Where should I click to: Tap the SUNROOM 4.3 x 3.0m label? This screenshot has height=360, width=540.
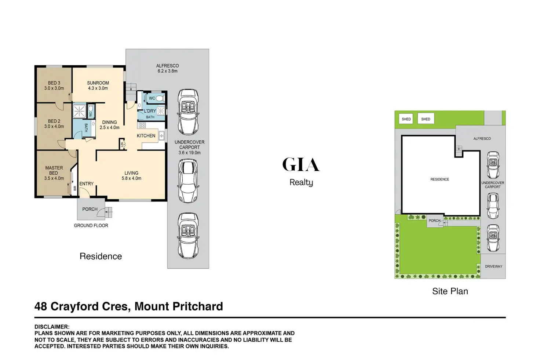(x=98, y=86)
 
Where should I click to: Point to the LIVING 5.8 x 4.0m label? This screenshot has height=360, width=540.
(x=131, y=176)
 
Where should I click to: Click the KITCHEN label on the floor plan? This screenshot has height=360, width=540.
(x=146, y=136)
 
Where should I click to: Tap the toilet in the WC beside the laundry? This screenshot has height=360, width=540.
(x=159, y=98)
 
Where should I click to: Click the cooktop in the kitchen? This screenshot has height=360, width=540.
(x=142, y=125)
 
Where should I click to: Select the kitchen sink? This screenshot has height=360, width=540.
(x=161, y=136)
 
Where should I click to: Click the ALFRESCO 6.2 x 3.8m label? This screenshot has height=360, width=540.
(x=168, y=68)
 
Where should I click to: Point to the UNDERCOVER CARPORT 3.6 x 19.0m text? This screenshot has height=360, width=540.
(x=190, y=147)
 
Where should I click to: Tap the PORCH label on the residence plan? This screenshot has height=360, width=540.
(x=90, y=209)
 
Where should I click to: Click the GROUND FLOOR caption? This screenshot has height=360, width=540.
(x=91, y=226)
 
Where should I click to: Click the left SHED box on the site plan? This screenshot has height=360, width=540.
(x=406, y=119)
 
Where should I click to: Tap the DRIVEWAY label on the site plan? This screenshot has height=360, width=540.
(x=493, y=266)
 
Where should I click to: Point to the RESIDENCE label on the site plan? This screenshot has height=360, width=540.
(x=440, y=179)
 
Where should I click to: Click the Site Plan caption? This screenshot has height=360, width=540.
(x=450, y=291)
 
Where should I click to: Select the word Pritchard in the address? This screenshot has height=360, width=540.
(x=198, y=306)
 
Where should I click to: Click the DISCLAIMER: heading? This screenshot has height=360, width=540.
(x=52, y=327)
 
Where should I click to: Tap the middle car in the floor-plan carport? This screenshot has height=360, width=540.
(x=188, y=181)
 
